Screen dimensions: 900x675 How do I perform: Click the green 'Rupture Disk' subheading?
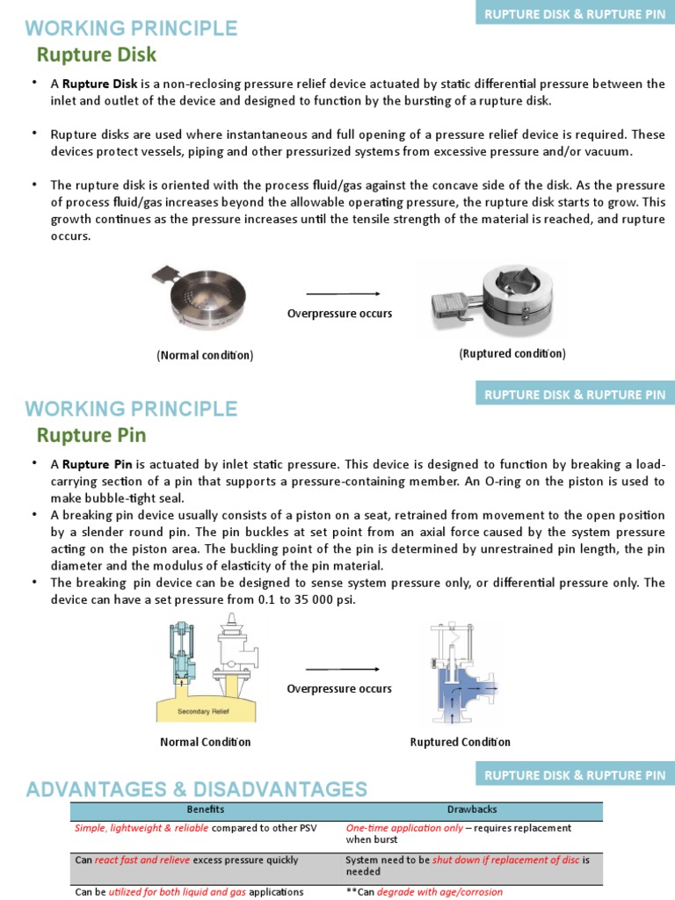coord(96,54)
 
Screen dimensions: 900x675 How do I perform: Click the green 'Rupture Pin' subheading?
coord(91,435)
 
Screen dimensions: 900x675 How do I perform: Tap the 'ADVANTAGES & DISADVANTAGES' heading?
coord(196,788)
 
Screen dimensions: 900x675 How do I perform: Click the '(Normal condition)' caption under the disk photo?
coord(205,355)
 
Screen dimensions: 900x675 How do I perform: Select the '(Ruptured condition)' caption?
coord(512,353)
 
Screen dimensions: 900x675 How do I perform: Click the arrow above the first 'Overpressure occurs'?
coord(343,294)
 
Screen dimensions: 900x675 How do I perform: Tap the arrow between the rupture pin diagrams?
coord(343,670)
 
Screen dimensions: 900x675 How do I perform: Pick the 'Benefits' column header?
coord(205,809)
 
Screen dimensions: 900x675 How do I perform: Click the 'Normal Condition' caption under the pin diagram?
coord(205,742)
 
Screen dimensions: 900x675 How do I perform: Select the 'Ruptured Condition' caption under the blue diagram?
coord(460,742)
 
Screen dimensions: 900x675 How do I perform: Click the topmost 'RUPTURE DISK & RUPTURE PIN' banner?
coord(575,14)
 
